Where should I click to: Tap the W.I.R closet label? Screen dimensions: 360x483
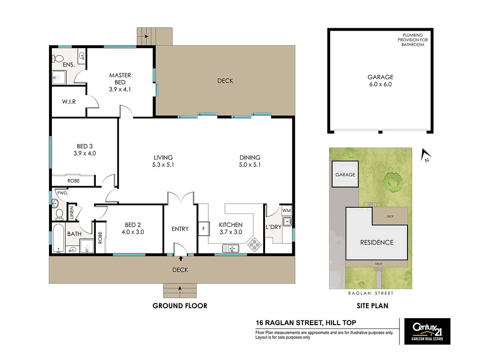coord(69,102)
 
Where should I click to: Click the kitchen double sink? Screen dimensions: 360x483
coord(231,248)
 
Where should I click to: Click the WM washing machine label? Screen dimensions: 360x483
coord(286,210)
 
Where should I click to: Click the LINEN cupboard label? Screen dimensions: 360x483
coord(72,213)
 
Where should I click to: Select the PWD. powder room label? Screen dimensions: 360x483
coord(62,193)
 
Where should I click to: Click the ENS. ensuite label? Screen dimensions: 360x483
coord(69,65)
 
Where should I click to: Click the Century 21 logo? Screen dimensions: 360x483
coord(425,331)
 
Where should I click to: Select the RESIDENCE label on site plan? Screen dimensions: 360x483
coord(376,243)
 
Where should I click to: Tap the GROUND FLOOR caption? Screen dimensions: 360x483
coord(180,306)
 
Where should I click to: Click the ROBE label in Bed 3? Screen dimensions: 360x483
coord(73,181)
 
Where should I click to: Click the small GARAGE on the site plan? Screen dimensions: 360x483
coord(345,175)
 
